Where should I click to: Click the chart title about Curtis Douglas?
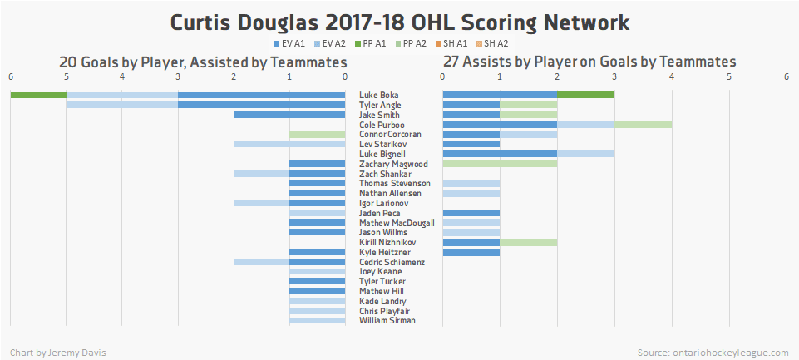[399, 22]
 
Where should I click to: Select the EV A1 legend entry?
[287, 43]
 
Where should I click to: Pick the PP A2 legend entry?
[410, 43]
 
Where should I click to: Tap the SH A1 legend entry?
[451, 43]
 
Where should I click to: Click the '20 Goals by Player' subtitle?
[202, 62]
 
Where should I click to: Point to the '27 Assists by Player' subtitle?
[589, 62]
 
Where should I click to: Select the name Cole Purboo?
[381, 125]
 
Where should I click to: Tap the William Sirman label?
[387, 320]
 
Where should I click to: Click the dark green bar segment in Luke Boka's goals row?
[38, 95]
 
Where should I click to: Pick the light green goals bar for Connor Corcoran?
[317, 134]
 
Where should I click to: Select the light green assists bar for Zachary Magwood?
[500, 164]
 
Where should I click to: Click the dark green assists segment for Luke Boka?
[585, 95]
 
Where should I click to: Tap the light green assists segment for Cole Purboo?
[643, 125]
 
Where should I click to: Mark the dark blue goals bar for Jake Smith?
[289, 115]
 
